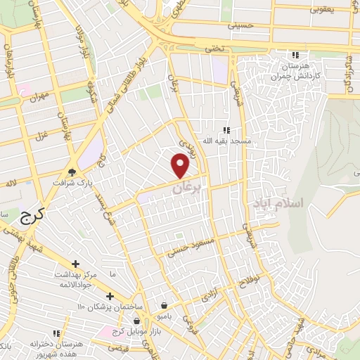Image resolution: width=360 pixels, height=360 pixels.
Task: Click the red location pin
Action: [181, 165]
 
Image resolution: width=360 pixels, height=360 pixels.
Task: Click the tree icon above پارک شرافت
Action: [72, 171]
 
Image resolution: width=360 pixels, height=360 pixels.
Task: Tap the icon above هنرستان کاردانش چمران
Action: [296, 55]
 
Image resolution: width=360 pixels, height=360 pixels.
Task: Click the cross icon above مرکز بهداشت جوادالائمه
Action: [75, 264]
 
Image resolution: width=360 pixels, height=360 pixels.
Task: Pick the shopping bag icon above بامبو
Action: [164, 306]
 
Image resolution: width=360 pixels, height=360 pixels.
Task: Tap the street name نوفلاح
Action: [252, 281]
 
